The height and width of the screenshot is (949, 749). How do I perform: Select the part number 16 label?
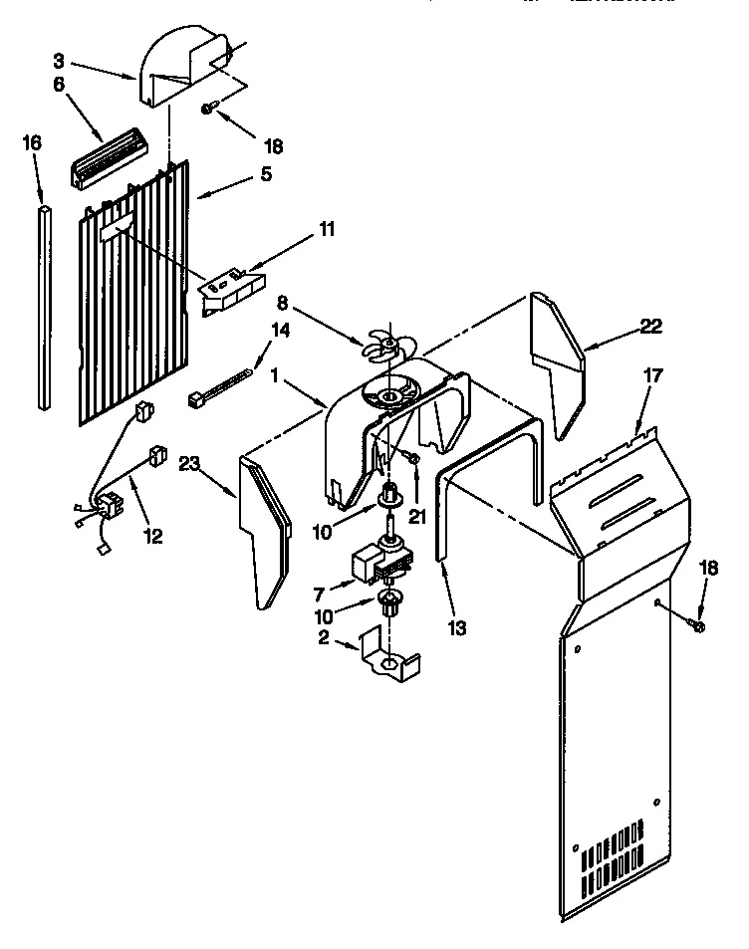(32, 143)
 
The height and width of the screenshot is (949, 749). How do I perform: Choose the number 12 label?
(152, 537)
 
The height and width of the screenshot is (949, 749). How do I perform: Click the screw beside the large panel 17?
(696, 625)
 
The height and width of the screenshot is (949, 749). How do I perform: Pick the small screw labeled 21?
(410, 458)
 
